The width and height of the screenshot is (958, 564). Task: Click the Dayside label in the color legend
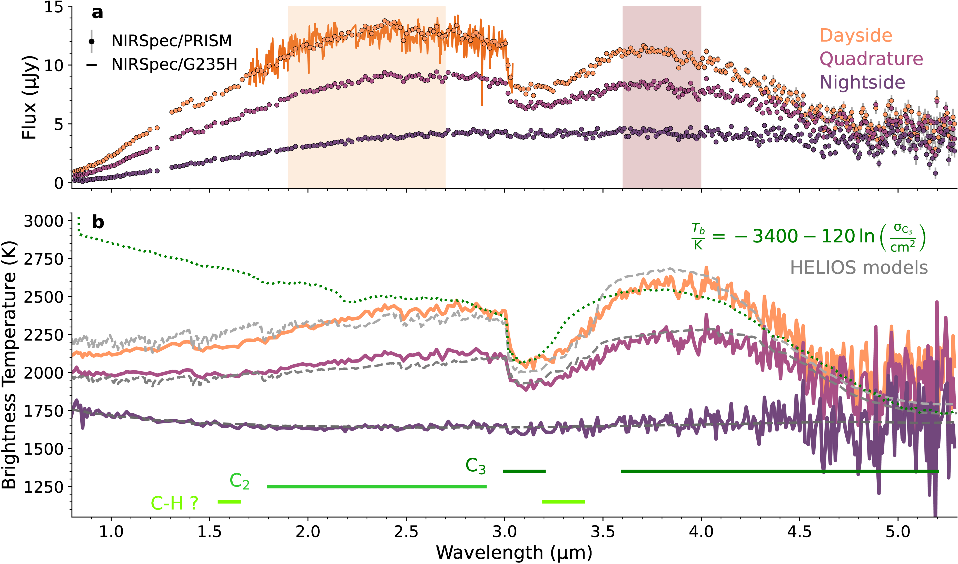(856, 35)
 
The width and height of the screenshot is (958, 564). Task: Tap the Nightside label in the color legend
(862, 82)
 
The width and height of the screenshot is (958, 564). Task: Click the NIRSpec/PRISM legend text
(171, 41)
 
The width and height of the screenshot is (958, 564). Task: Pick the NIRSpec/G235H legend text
(174, 65)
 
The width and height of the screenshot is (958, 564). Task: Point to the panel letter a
(97, 13)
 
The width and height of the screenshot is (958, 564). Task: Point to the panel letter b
(98, 222)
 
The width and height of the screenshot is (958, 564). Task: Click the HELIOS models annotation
(859, 268)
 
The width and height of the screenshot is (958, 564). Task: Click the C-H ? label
(174, 503)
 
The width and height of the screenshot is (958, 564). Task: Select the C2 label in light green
(240, 481)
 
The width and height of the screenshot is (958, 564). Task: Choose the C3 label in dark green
(476, 466)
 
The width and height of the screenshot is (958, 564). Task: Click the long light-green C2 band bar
(376, 487)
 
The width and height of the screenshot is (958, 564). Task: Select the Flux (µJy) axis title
(29, 97)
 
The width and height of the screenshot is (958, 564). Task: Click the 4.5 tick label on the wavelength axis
(799, 531)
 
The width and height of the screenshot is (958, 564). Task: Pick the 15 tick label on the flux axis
(53, 7)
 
